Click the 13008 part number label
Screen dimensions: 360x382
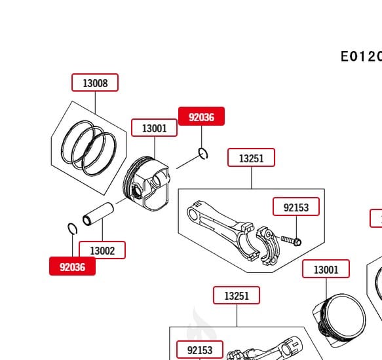coord(95,83)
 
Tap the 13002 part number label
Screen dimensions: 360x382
coord(102,250)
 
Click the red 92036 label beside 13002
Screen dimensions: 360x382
coord(72,266)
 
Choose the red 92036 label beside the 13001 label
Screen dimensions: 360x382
coord(201,117)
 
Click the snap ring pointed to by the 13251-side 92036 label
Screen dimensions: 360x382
coord(203,154)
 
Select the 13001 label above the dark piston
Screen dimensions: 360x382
coord(154,128)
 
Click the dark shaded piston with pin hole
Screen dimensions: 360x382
coord(149,184)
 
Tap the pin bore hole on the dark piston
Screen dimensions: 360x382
coord(137,190)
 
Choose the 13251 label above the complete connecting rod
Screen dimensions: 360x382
coord(251,158)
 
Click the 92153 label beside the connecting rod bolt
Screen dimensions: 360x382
coord(296,207)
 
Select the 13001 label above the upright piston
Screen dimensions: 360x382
coord(326,269)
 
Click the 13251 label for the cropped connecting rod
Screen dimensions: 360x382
coord(236,296)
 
